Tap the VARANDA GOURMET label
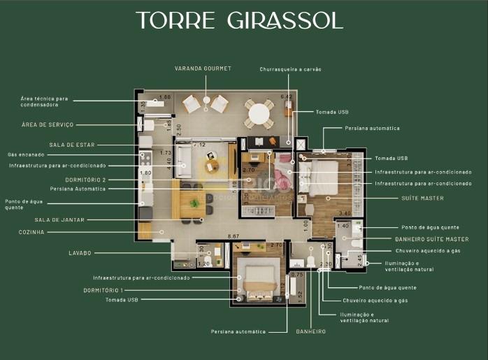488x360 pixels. (x=203, y=69)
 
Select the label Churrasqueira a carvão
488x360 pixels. (x=290, y=69)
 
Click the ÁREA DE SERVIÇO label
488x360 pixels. (x=48, y=125)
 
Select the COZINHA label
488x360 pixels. (x=31, y=232)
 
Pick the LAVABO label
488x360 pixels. (x=80, y=253)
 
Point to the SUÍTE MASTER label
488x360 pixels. (x=422, y=199)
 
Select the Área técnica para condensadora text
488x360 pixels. (x=45, y=102)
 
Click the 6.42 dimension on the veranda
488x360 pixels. (x=285, y=97)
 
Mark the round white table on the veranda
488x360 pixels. (x=259, y=112)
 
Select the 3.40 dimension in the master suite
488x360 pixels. (x=344, y=213)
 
